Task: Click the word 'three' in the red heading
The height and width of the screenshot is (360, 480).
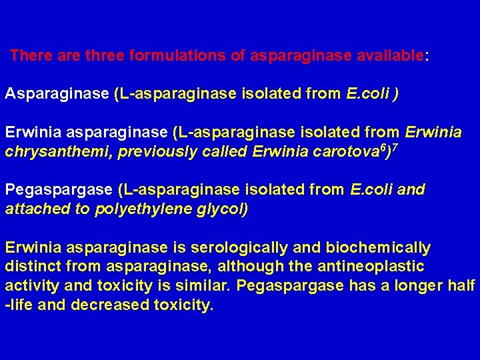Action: click(104, 55)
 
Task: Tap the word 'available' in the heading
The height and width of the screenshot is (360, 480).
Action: click(390, 55)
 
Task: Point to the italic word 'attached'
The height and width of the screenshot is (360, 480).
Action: click(34, 209)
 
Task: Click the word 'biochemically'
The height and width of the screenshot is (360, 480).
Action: click(378, 248)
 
